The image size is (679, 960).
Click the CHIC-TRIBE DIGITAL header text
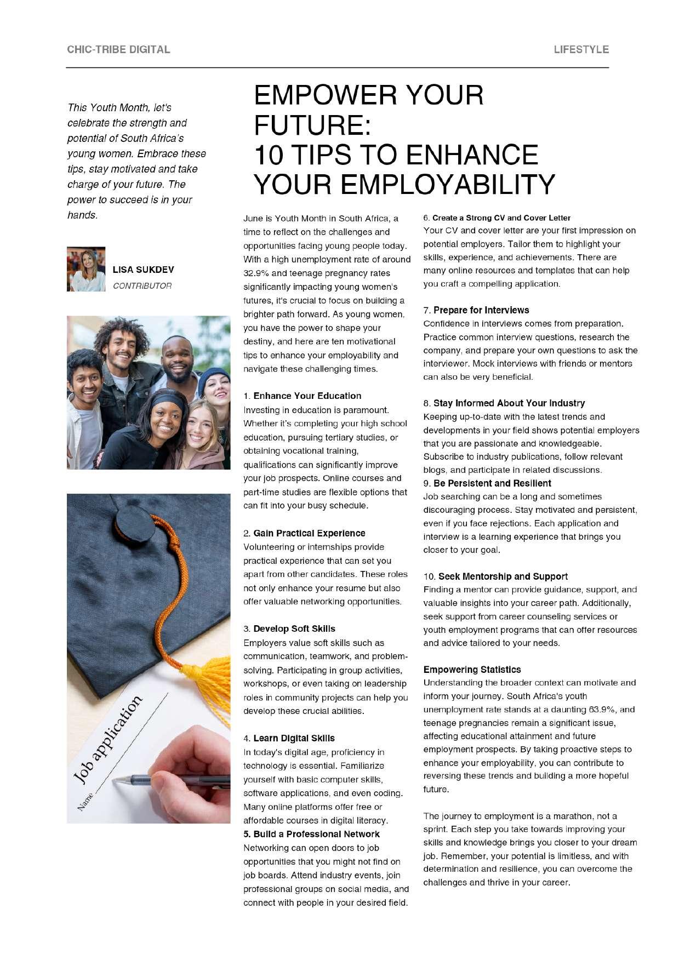pyautogui.click(x=118, y=49)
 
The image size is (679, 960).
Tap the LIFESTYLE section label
pyautogui.click(x=581, y=49)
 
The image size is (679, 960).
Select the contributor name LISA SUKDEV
pyautogui.click(x=143, y=270)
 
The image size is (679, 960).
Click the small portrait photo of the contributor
pyautogui.click(x=86, y=269)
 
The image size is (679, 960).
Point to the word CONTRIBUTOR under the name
pyautogui.click(x=142, y=286)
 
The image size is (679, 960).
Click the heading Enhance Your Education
pyautogui.click(x=307, y=396)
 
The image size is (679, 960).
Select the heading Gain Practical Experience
pyautogui.click(x=309, y=533)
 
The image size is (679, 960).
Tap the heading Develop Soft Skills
pyautogui.click(x=294, y=628)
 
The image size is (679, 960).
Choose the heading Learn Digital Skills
pyautogui.click(x=294, y=738)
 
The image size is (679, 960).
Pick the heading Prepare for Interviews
pyautogui.click(x=481, y=310)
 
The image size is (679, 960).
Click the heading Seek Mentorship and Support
pyautogui.click(x=503, y=576)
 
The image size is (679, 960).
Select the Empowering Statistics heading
pyautogui.click(x=472, y=670)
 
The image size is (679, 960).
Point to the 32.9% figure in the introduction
pyautogui.click(x=256, y=273)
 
